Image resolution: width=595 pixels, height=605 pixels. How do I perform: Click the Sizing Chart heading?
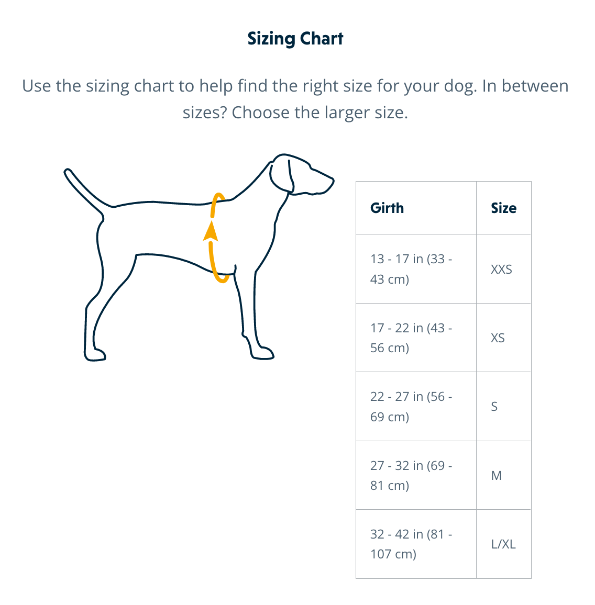(295, 39)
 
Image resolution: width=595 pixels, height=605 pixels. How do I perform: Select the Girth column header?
(387, 208)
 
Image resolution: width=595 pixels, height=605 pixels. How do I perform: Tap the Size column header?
(503, 208)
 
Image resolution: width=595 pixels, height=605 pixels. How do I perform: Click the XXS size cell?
(501, 270)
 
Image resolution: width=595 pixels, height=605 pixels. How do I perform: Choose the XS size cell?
(498, 338)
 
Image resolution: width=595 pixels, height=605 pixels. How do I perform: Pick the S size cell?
(494, 407)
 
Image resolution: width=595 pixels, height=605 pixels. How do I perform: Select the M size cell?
(496, 476)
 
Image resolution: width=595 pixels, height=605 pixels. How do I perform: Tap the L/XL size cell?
(503, 544)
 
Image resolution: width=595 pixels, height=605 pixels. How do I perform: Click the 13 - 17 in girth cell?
(411, 269)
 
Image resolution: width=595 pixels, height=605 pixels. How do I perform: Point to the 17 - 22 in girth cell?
(411, 338)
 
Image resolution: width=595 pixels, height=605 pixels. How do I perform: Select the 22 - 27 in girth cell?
(411, 407)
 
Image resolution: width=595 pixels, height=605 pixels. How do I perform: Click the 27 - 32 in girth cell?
(411, 475)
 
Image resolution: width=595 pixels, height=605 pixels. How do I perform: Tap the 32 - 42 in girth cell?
(411, 544)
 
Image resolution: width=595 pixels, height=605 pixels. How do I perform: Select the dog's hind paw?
(95, 355)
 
